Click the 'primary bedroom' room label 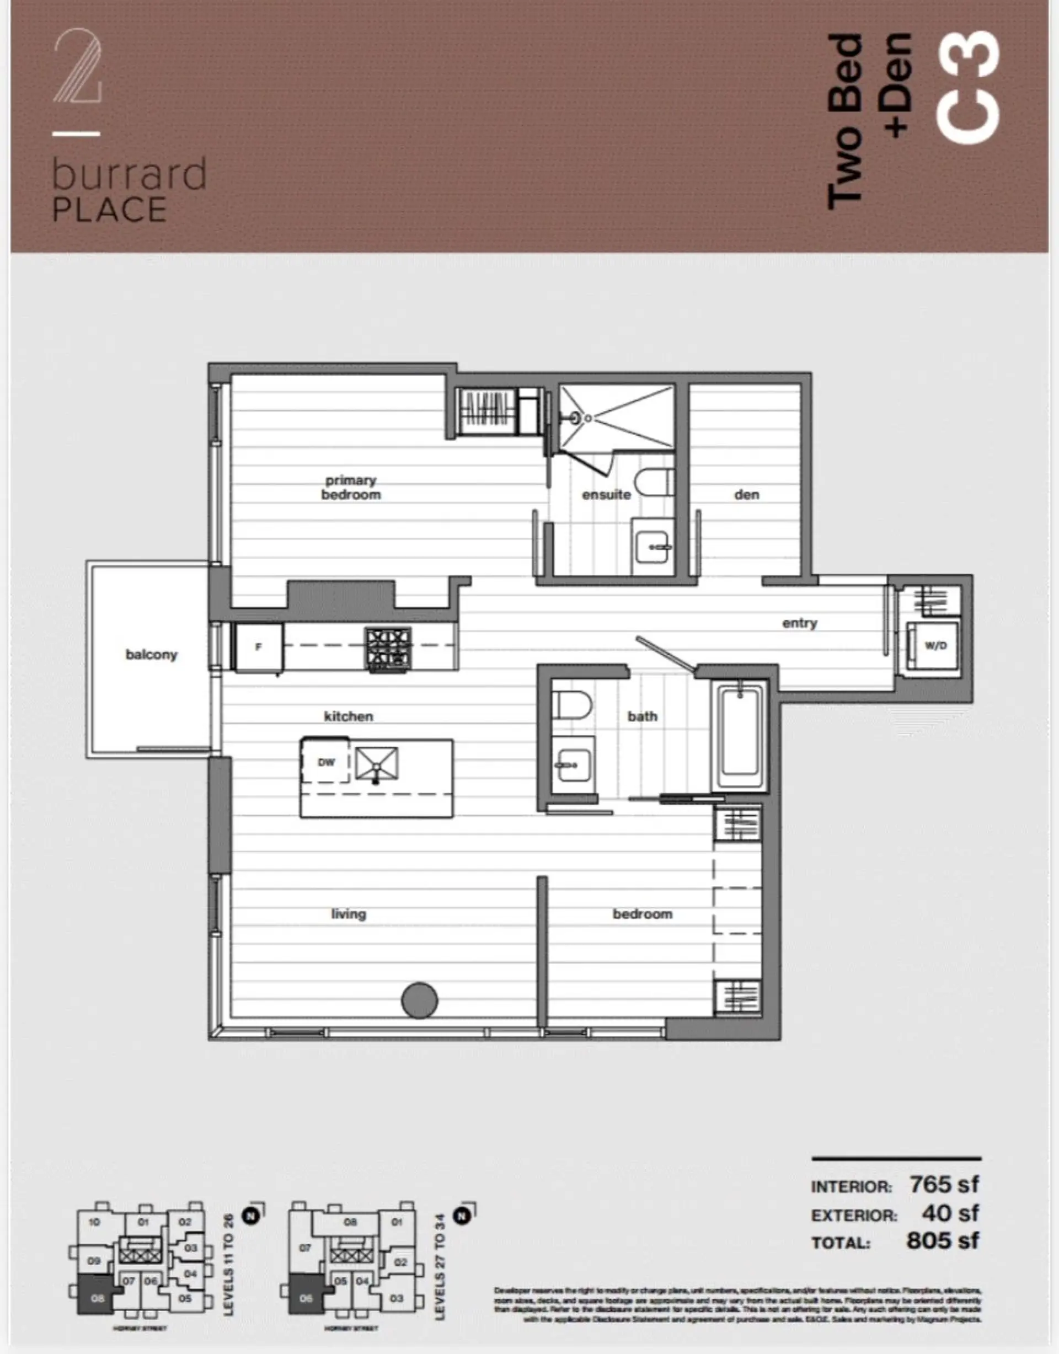[350, 488]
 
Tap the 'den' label [746, 494]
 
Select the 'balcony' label [151, 654]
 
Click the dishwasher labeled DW [325, 762]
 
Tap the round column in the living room [420, 1000]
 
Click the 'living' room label [349, 913]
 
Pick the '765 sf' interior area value [944, 1185]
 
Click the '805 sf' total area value [943, 1240]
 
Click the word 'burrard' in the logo [129, 175]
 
